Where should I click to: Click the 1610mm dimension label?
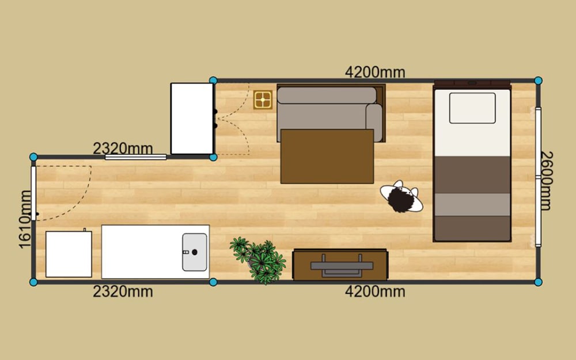point(25,219)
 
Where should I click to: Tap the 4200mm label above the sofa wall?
point(375,72)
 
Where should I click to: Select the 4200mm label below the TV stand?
point(375,291)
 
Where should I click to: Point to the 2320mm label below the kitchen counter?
point(123,291)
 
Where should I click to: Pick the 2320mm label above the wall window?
point(123,149)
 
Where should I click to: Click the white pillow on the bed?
point(472,108)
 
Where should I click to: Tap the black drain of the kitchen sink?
point(195,252)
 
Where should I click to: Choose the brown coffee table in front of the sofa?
point(327,156)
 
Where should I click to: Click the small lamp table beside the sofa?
point(263,100)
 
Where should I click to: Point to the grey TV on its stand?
point(342,266)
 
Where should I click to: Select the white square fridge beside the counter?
point(69,254)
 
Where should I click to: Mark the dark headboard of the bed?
point(472,84)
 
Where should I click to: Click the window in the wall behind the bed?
point(538,177)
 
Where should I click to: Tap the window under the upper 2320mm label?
point(135,157)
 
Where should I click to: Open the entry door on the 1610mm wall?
point(33,193)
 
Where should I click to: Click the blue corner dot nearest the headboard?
point(538,81)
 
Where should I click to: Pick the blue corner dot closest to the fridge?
point(33,282)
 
